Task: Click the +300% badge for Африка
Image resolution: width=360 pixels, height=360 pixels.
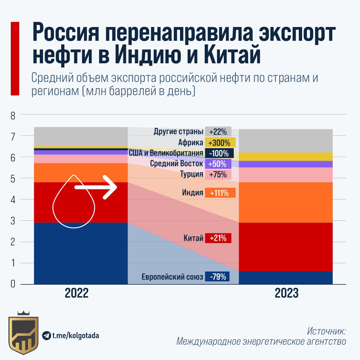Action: (220, 142)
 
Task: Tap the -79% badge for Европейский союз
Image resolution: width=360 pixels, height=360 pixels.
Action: (217, 276)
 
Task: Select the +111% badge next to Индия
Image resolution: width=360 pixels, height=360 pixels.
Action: (220, 193)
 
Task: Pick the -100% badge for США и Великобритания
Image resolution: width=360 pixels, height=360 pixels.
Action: (219, 153)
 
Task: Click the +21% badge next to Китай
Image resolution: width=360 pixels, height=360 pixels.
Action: (218, 238)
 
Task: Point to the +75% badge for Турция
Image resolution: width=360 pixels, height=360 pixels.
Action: (218, 174)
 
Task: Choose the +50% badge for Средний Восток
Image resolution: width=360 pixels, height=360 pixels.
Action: (218, 164)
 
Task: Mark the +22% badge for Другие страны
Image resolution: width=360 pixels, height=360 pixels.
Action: (218, 132)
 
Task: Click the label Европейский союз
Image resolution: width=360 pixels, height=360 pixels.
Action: (172, 277)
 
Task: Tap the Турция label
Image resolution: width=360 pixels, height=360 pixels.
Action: (192, 174)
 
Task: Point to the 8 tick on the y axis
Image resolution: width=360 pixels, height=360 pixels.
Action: (13, 115)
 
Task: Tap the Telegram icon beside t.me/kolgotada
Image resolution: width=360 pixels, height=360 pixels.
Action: (46, 335)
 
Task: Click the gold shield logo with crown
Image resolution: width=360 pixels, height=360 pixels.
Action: (23, 333)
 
